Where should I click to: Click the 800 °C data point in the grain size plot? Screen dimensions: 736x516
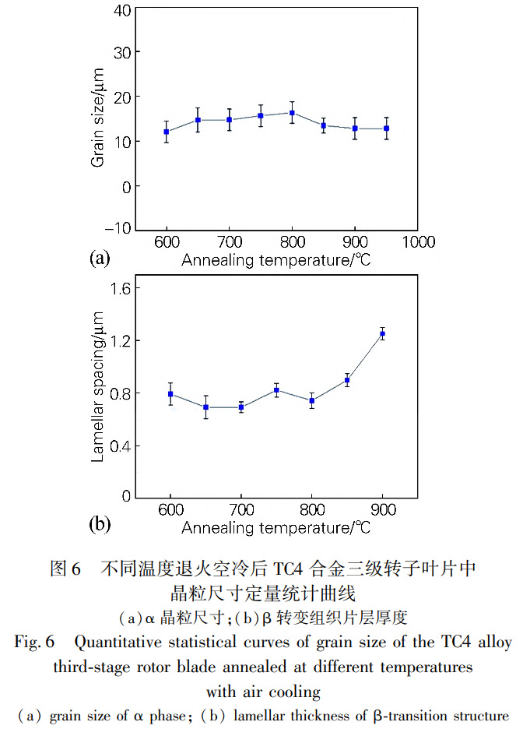[x=292, y=113]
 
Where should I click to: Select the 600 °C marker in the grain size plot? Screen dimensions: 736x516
[x=167, y=132]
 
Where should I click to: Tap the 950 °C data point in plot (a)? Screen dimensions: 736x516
[x=387, y=129]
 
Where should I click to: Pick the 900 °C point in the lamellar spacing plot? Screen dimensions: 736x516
[x=382, y=334]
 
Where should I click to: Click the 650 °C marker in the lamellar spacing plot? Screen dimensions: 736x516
[x=206, y=407]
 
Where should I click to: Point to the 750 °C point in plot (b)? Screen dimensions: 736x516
[x=276, y=390]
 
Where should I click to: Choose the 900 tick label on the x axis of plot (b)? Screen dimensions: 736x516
[x=382, y=512]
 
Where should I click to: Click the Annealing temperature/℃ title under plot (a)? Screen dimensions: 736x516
[x=276, y=260]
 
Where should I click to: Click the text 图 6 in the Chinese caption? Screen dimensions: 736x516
[x=65, y=569]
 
